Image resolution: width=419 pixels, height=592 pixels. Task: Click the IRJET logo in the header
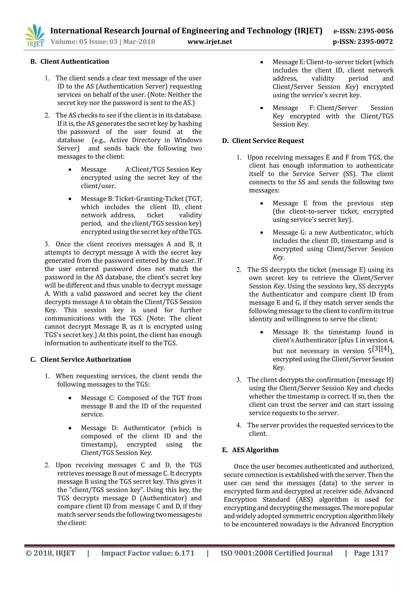(35, 36)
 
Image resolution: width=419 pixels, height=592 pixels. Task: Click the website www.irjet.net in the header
(210, 42)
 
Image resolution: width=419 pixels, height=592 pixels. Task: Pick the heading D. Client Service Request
(263, 141)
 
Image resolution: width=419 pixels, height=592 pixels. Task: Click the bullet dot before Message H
(262, 332)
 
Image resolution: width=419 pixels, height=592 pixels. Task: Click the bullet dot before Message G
(262, 233)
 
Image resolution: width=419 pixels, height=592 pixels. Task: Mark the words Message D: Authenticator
(123, 428)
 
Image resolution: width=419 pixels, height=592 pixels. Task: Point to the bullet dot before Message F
(262, 108)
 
